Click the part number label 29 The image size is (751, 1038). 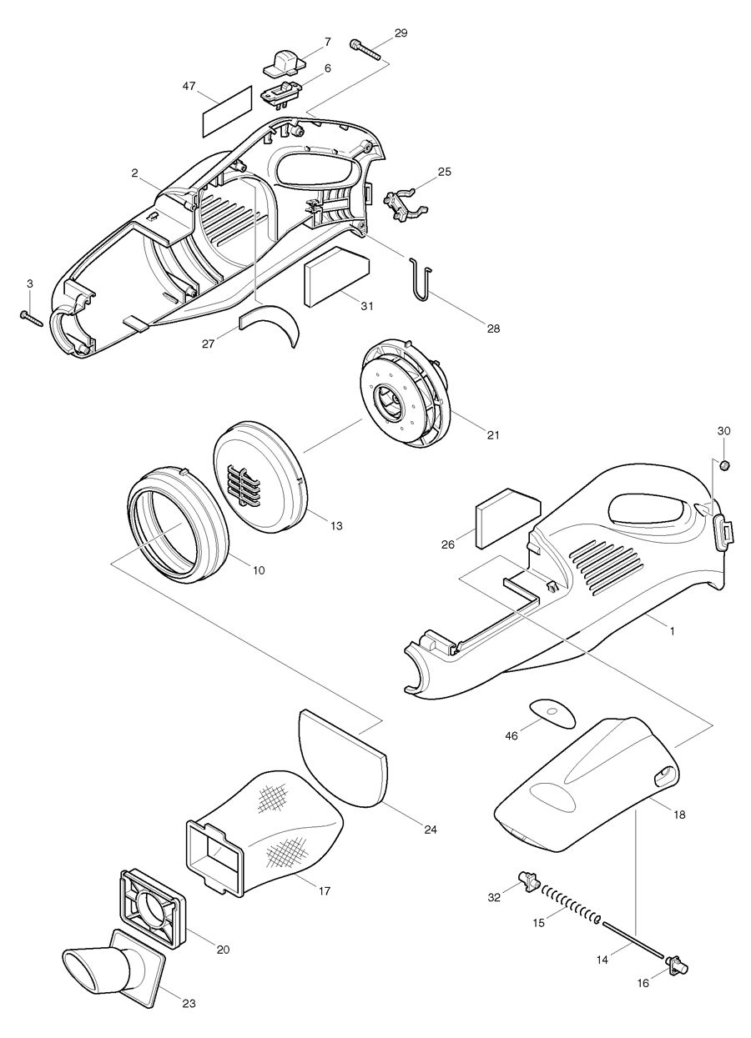point(401,33)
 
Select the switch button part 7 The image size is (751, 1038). point(284,59)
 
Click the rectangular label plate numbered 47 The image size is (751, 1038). point(226,109)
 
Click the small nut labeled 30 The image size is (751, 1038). point(725,464)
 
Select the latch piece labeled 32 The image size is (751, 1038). point(528,880)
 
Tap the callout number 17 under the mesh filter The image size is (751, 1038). point(325,890)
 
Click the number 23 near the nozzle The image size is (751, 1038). point(189,1003)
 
